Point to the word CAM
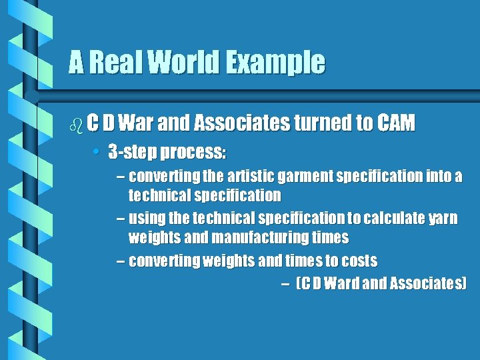(x=396, y=123)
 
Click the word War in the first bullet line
(x=137, y=123)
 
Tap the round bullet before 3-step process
(x=97, y=153)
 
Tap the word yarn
(x=441, y=219)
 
